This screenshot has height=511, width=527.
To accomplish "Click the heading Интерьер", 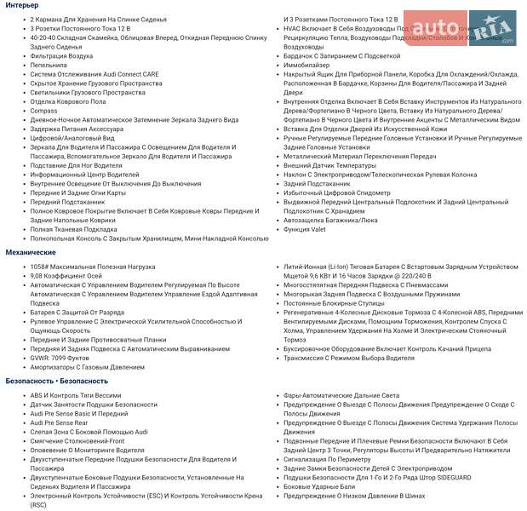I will [x=22, y=6].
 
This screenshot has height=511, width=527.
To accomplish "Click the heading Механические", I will [x=31, y=253].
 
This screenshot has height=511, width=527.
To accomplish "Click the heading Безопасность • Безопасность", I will [x=57, y=381].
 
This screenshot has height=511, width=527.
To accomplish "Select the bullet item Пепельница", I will [x=49, y=65].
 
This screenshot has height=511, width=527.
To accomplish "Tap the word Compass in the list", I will [x=43, y=111].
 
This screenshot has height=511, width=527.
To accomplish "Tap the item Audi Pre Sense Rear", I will [x=59, y=422].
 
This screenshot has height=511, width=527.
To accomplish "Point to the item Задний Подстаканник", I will [x=318, y=183].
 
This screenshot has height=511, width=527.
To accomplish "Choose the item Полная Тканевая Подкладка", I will [x=73, y=229].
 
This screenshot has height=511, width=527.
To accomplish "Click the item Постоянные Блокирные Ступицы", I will [x=335, y=302].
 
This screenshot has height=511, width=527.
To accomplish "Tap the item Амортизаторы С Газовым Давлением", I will [x=88, y=367].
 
